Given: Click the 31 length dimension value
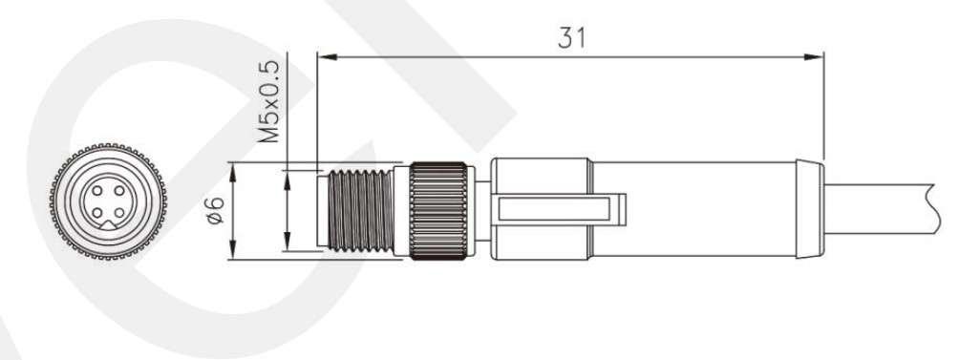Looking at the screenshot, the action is pos(572,38).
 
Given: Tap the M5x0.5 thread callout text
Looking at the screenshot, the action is pos(268,101).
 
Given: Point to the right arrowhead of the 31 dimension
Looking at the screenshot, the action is pos(814,57).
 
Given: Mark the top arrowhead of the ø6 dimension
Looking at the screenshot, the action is pos(232,172).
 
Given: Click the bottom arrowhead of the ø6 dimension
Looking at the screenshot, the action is pos(232,249).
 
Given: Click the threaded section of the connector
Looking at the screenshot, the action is pos(360,210).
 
